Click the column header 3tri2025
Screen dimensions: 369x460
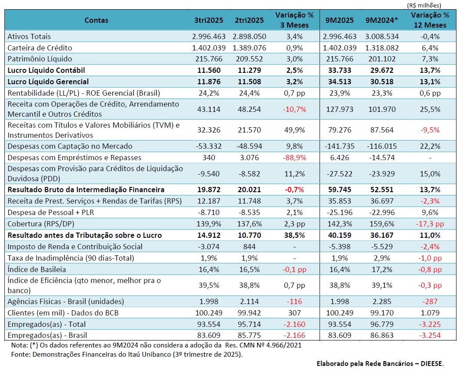click(x=208, y=20)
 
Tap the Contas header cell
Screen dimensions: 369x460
click(x=96, y=20)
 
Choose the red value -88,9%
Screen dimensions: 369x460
click(x=294, y=158)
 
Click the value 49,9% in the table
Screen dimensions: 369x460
click(x=294, y=130)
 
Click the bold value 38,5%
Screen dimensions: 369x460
click(x=294, y=235)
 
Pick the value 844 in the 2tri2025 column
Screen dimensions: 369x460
click(x=249, y=247)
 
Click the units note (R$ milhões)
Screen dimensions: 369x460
click(x=424, y=5)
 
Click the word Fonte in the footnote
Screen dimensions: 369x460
click(x=19, y=354)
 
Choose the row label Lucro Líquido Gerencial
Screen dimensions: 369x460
click(x=48, y=81)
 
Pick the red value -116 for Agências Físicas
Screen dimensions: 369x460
click(x=294, y=301)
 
